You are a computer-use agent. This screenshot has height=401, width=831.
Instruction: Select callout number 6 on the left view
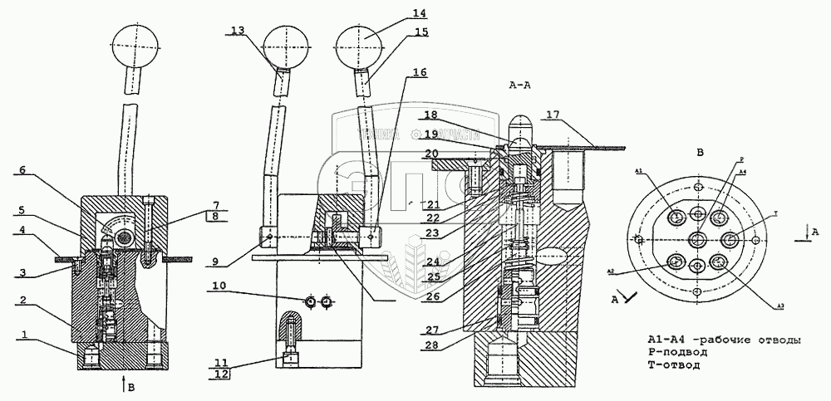(23, 171)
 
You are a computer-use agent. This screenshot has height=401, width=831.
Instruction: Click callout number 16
(419, 72)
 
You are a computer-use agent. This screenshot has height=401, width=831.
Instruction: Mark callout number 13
(238, 31)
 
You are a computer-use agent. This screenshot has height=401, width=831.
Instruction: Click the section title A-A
(521, 86)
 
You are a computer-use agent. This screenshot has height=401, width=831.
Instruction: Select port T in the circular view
(730, 241)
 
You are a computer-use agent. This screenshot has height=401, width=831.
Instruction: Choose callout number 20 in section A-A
(431, 153)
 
